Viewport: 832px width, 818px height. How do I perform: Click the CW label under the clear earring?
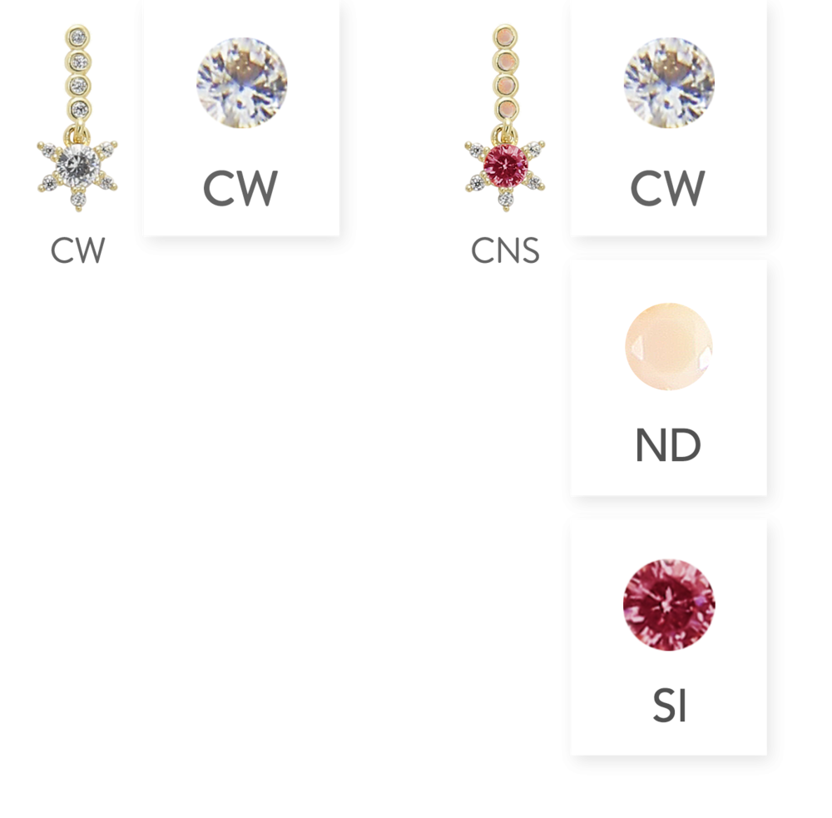pos(77,250)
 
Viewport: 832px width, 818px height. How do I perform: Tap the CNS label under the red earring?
pos(505,250)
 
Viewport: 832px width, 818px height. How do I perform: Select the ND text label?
pos(668,447)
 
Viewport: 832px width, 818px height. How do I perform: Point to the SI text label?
pos(669,706)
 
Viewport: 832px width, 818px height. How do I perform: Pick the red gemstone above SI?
pos(669,604)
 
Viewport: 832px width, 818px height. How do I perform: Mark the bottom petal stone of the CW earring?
pos(77,200)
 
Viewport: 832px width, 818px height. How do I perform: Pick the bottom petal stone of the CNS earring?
pos(505,200)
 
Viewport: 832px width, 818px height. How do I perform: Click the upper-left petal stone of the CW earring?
pos(47,149)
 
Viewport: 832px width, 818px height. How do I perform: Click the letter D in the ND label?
pos(686,447)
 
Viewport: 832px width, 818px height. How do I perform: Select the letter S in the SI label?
pos(662,706)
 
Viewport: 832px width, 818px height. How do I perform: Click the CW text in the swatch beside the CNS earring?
pos(667,189)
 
